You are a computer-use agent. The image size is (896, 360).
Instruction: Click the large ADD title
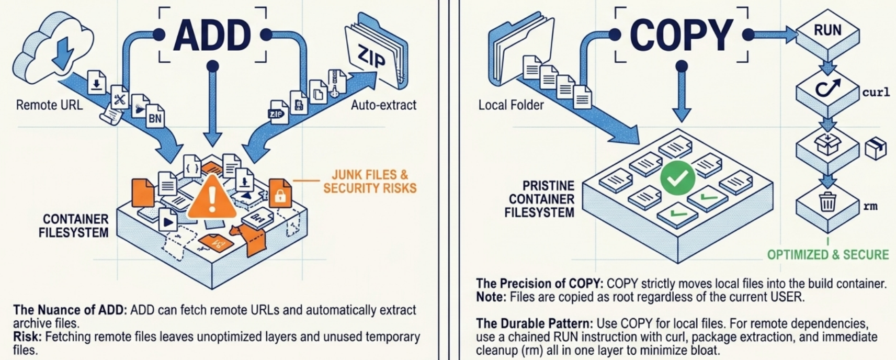click(212, 36)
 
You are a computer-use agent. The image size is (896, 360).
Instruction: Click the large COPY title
click(681, 36)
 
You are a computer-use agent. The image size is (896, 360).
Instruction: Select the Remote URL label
click(49, 105)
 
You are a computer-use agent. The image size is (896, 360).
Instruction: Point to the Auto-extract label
click(383, 105)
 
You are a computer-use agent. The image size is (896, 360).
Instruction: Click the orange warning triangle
click(211, 198)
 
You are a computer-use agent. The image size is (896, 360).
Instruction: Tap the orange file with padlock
click(280, 194)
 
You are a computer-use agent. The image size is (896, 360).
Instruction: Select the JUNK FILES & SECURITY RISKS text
click(369, 182)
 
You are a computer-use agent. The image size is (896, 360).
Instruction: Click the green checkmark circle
click(677, 178)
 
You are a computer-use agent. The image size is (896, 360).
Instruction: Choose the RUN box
click(827, 31)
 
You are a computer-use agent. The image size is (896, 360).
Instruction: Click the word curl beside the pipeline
click(876, 93)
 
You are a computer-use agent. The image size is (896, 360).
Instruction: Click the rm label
click(870, 206)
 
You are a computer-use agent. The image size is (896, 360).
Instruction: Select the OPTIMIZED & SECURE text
click(827, 255)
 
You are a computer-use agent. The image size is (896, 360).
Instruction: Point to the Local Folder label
click(511, 105)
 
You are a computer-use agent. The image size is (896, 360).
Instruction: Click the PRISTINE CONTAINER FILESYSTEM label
click(541, 199)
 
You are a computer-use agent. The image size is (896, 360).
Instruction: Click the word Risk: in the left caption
click(28, 336)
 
